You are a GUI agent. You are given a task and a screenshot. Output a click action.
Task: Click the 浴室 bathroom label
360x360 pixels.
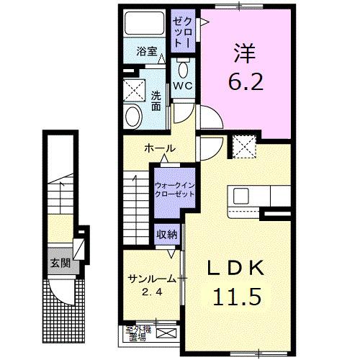pyautogui.click(x=148, y=52)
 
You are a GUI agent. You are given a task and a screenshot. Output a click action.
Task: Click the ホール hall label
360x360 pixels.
pyautogui.click(x=160, y=148)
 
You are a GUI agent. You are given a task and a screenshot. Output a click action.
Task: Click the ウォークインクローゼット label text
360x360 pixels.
pyautogui.click(x=175, y=189)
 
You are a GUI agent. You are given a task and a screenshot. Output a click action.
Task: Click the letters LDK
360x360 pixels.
pyautogui.click(x=235, y=268)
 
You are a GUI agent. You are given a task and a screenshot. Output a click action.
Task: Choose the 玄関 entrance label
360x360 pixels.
pyautogui.click(x=60, y=262)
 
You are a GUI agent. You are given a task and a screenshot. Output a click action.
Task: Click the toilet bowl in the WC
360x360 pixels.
pyautogui.click(x=184, y=69)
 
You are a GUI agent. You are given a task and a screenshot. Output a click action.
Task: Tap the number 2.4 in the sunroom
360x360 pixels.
pyautogui.click(x=148, y=292)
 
